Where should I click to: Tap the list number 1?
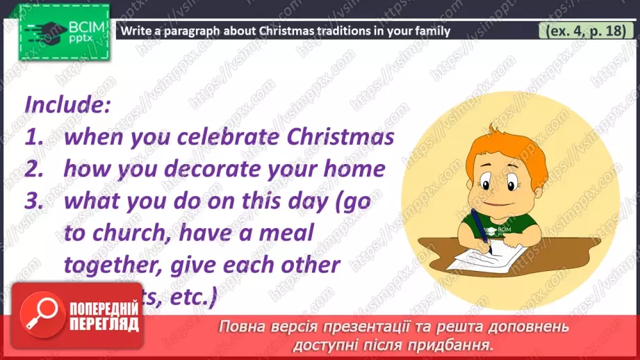(x=34, y=136)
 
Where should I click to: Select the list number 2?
(x=34, y=169)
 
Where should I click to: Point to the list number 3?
(x=34, y=202)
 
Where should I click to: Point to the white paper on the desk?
(x=486, y=261)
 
